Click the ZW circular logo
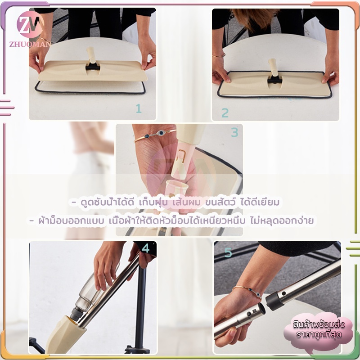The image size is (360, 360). point(30,25)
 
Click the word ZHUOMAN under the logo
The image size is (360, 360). point(30,44)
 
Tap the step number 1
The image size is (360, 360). point(139,108)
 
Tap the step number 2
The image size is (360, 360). point(225,113)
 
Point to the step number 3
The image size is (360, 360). point(234,132)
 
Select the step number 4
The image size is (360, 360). point(145,248)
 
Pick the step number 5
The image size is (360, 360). point(228,252)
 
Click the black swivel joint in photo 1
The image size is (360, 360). point(93,67)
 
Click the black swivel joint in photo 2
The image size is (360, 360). point(274,80)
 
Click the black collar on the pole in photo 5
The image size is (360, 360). point(274,301)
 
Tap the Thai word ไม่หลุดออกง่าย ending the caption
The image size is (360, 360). point(282,220)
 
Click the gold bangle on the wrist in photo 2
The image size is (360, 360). point(218,55)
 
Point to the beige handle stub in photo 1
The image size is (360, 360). point(91,55)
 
